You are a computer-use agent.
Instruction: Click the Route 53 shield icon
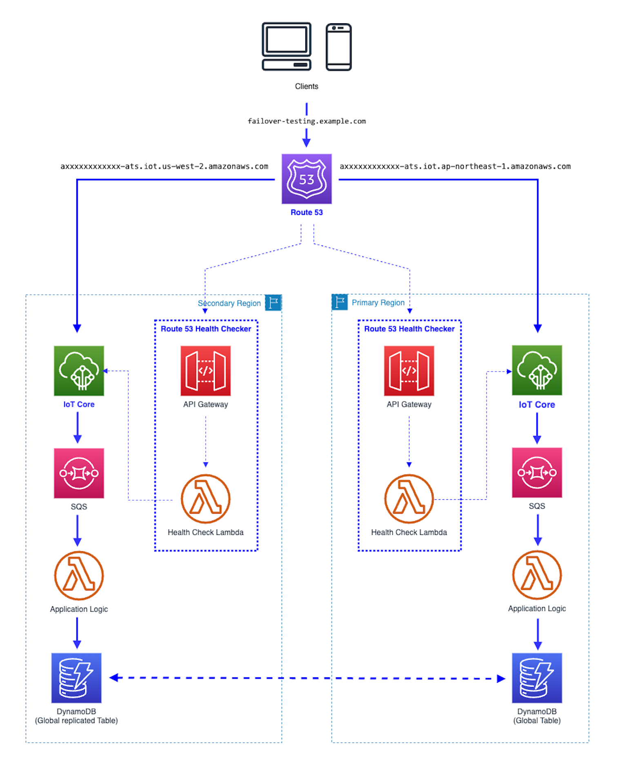point(307,179)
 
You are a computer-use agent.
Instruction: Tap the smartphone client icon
point(338,47)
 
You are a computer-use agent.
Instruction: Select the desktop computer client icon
point(287,47)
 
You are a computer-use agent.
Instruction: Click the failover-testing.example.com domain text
point(307,121)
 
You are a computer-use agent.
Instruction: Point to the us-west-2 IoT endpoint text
point(165,167)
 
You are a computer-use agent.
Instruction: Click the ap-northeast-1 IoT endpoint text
point(455,167)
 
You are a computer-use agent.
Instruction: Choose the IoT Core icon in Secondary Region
point(79,371)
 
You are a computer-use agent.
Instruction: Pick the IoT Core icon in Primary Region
point(537,370)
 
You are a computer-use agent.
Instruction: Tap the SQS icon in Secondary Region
point(79,473)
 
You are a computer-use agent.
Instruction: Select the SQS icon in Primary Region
point(537,473)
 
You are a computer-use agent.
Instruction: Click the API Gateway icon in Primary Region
point(409,371)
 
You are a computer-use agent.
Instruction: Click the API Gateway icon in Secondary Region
point(206,371)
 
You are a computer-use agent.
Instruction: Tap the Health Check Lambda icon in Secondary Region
point(206,499)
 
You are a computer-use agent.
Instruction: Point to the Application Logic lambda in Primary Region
point(537,575)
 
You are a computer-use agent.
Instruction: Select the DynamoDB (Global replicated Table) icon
point(76,678)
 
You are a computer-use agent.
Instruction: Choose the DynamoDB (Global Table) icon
point(537,678)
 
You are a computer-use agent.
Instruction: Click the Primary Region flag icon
point(340,302)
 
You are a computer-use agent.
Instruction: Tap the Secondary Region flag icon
point(273,303)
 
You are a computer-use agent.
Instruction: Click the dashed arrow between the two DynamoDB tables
point(307,678)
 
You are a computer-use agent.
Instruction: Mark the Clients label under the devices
point(307,87)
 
